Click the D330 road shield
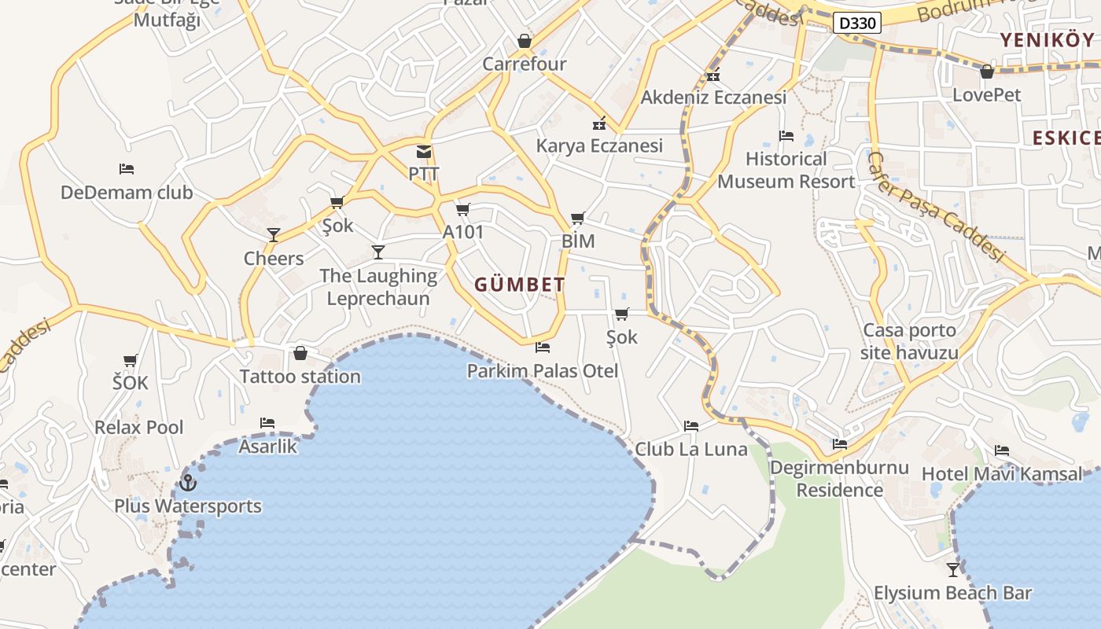(x=856, y=23)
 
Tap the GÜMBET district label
(x=520, y=285)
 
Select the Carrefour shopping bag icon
(x=525, y=41)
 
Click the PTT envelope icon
(x=424, y=152)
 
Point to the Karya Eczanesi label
(x=599, y=145)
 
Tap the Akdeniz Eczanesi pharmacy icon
(x=713, y=76)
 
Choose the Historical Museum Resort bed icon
(x=786, y=136)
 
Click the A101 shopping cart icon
(x=462, y=209)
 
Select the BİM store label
(x=578, y=241)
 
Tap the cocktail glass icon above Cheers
(x=274, y=234)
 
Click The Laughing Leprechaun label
(x=378, y=287)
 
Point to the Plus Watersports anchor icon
(x=187, y=483)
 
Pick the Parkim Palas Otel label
(x=543, y=370)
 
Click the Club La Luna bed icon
(x=691, y=426)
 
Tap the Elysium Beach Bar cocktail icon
(x=953, y=569)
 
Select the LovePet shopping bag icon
(x=987, y=72)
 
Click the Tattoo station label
(x=300, y=377)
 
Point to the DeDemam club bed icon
(x=127, y=169)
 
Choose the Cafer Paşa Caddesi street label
(x=936, y=206)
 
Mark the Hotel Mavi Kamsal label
(x=1001, y=474)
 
